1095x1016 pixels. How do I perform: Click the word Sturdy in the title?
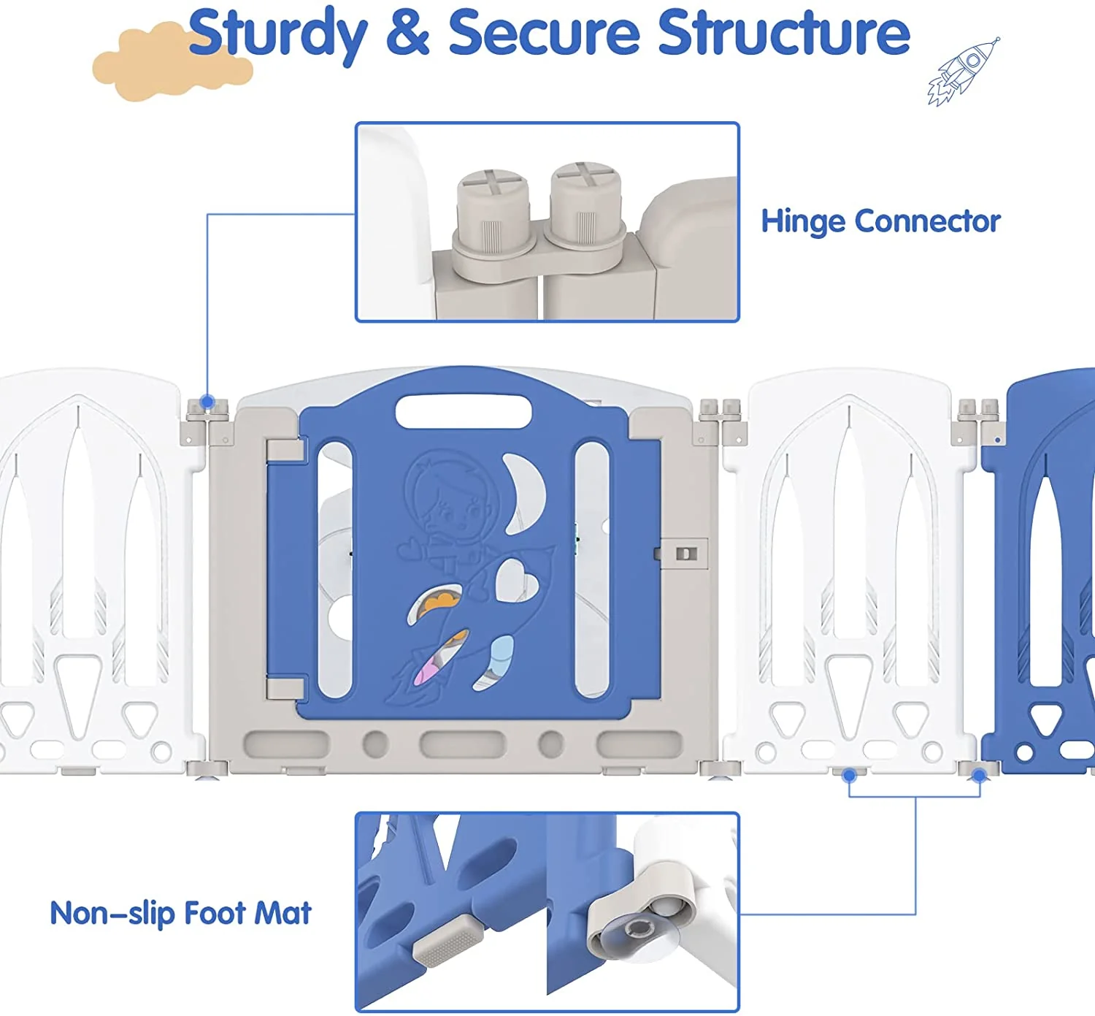point(277,34)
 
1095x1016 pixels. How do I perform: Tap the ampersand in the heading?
point(407,32)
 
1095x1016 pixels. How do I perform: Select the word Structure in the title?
point(783,32)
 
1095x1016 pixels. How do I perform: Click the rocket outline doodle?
point(963,72)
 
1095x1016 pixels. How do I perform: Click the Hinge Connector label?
point(880,222)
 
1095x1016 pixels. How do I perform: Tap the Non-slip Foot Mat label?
point(180,913)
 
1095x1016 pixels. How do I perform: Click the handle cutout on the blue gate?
point(463,411)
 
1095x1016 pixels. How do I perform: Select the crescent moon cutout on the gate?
point(523,493)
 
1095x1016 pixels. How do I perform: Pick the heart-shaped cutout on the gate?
point(516,581)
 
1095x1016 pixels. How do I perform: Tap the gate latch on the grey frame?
point(685,553)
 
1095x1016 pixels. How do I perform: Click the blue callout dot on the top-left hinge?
point(207,402)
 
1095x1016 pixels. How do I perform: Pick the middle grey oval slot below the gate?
point(462,744)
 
